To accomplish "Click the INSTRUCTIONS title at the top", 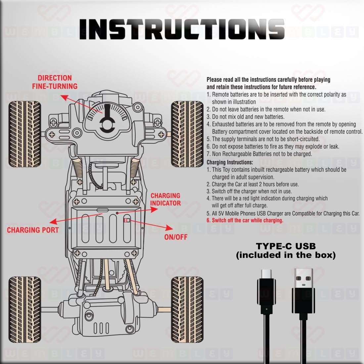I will click(182, 29).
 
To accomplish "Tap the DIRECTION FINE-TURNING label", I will click(55, 82).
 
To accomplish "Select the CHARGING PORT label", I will click(33, 230).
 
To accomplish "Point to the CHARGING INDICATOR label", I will click(165, 200).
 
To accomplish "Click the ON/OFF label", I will click(176, 237).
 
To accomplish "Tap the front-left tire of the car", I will click(24, 134).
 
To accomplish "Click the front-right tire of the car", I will click(187, 134).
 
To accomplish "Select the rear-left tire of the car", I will click(24, 309).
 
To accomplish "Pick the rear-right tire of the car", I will click(187, 309).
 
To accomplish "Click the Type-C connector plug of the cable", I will click(266, 291).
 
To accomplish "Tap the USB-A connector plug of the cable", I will click(303, 291).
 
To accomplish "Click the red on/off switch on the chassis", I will click(126, 220).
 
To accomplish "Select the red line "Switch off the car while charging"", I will click(245, 220).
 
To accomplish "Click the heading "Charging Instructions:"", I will click(230, 162).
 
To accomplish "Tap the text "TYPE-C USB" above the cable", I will click(286, 246).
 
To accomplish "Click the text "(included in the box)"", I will click(286, 255).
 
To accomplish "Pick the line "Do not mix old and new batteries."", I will click(246, 117).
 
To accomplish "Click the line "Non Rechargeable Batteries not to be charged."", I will click(259, 154).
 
